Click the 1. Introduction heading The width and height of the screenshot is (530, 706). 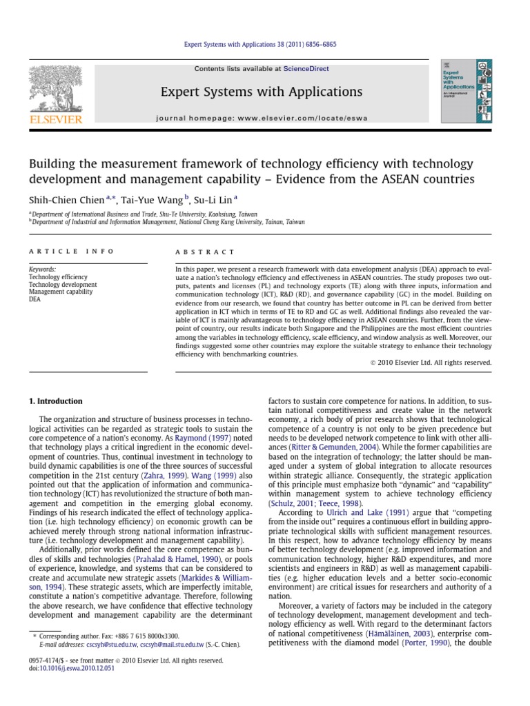coord(55,401)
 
